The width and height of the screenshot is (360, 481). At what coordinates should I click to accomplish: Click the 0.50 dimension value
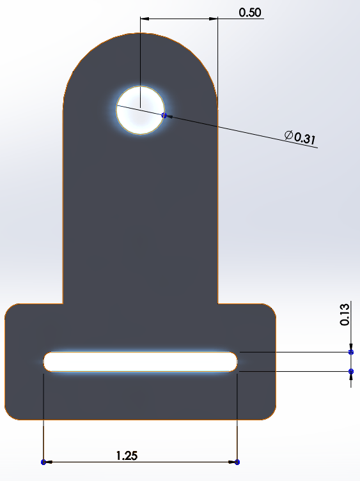pos(249,11)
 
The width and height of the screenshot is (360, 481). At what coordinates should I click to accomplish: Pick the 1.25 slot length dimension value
pos(127,455)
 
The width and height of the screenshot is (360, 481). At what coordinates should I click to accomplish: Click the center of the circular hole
pos(140,110)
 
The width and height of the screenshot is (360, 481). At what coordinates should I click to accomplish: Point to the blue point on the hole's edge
pos(164,116)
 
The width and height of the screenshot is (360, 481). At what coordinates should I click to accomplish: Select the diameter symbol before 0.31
pos(288,134)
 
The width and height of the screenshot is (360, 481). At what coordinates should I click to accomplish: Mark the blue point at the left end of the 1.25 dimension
pos(43,462)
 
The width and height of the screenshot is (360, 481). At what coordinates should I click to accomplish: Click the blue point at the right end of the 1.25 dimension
pos(237,462)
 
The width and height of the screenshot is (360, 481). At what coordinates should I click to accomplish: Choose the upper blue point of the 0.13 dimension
pos(350,352)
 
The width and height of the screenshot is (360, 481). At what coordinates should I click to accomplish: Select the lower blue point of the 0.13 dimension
pos(350,371)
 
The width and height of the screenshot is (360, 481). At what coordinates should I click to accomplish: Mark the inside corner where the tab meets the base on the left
pos(63,304)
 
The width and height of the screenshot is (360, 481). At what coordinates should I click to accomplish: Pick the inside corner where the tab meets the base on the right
pos(218,304)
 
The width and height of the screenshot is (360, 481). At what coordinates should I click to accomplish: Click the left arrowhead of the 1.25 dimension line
pos(49,462)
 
